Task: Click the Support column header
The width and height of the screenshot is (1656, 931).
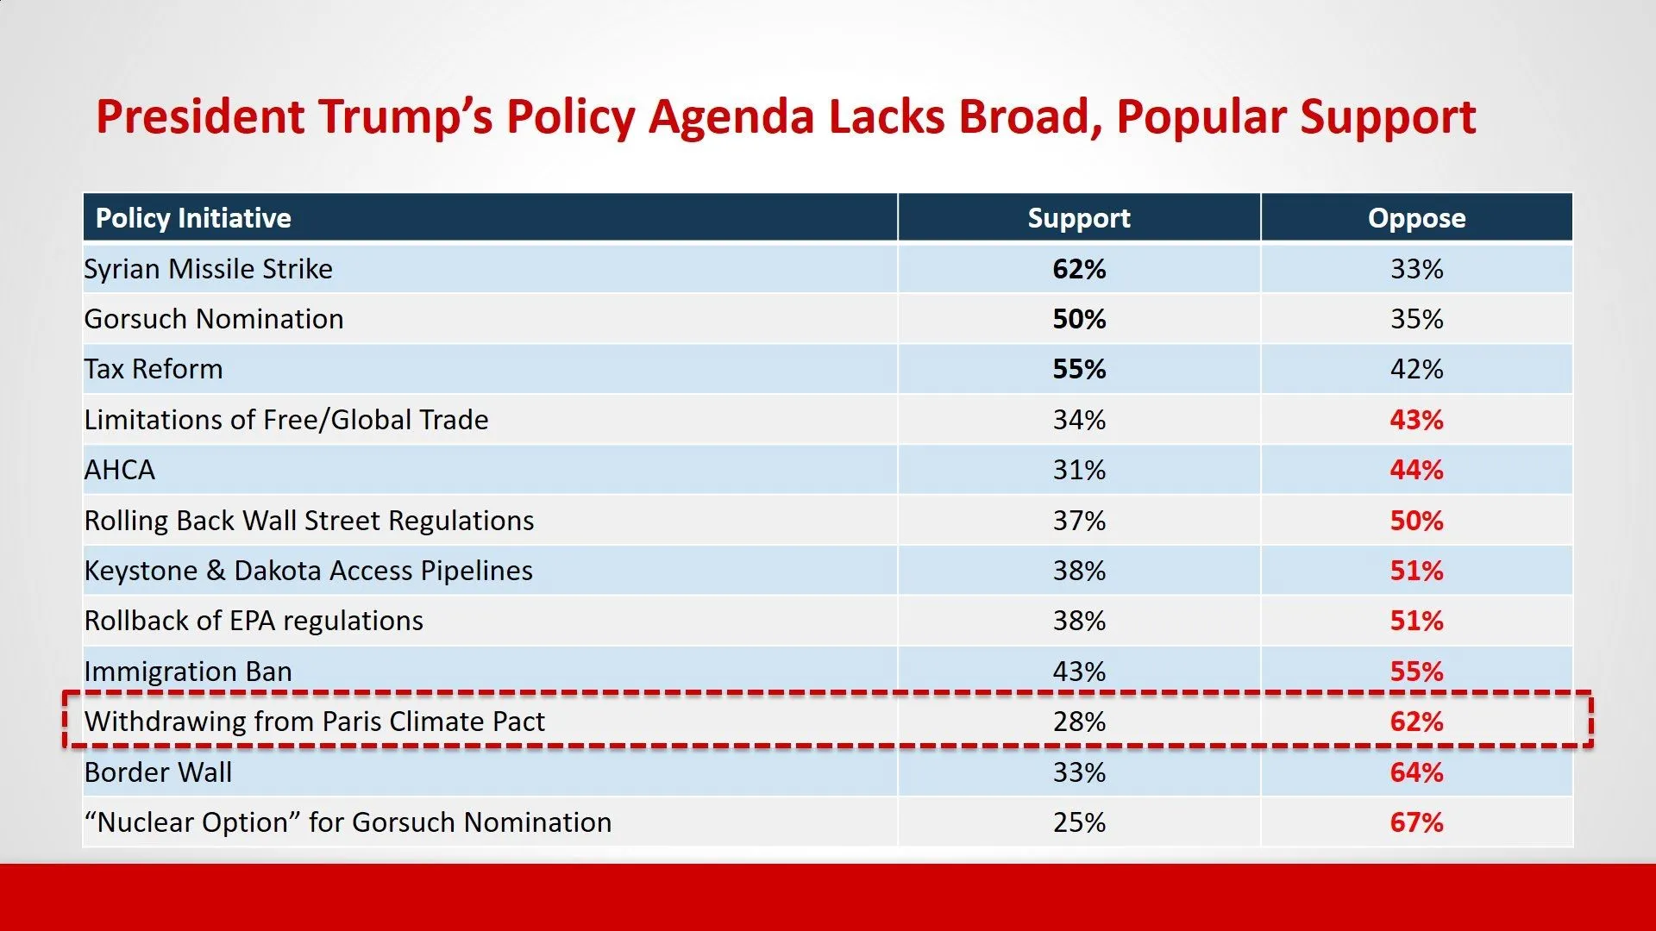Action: pyautogui.click(x=1078, y=218)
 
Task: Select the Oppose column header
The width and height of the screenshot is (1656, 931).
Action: pyautogui.click(x=1416, y=218)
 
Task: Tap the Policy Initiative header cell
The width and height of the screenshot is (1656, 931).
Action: pyautogui.click(x=193, y=218)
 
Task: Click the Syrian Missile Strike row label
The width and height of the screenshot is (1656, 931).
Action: pyautogui.click(x=208, y=269)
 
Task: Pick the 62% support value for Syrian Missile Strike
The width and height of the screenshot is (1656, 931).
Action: pyautogui.click(x=1079, y=269)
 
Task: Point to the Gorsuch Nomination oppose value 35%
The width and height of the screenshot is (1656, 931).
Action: pyautogui.click(x=1416, y=319)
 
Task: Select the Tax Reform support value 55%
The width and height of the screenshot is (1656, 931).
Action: pyautogui.click(x=1079, y=369)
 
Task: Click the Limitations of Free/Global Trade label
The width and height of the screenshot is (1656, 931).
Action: pyautogui.click(x=285, y=420)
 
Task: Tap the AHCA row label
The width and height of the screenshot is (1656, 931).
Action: pyautogui.click(x=119, y=470)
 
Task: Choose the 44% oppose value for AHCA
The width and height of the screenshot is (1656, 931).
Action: pyautogui.click(x=1416, y=470)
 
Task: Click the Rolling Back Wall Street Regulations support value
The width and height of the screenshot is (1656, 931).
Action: pyautogui.click(x=1079, y=521)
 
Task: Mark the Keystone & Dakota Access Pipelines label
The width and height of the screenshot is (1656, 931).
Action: pyautogui.click(x=308, y=571)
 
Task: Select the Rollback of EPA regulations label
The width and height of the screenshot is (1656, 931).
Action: pyautogui.click(x=254, y=621)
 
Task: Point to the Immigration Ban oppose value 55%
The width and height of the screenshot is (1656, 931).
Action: pyautogui.click(x=1416, y=672)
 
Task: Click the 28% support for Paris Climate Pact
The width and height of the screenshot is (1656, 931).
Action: pyautogui.click(x=1079, y=722)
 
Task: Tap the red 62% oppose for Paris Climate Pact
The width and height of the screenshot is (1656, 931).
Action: pyautogui.click(x=1416, y=722)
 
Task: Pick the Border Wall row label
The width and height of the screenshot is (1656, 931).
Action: pyautogui.click(x=158, y=772)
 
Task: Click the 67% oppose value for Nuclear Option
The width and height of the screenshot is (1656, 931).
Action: pyautogui.click(x=1416, y=822)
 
